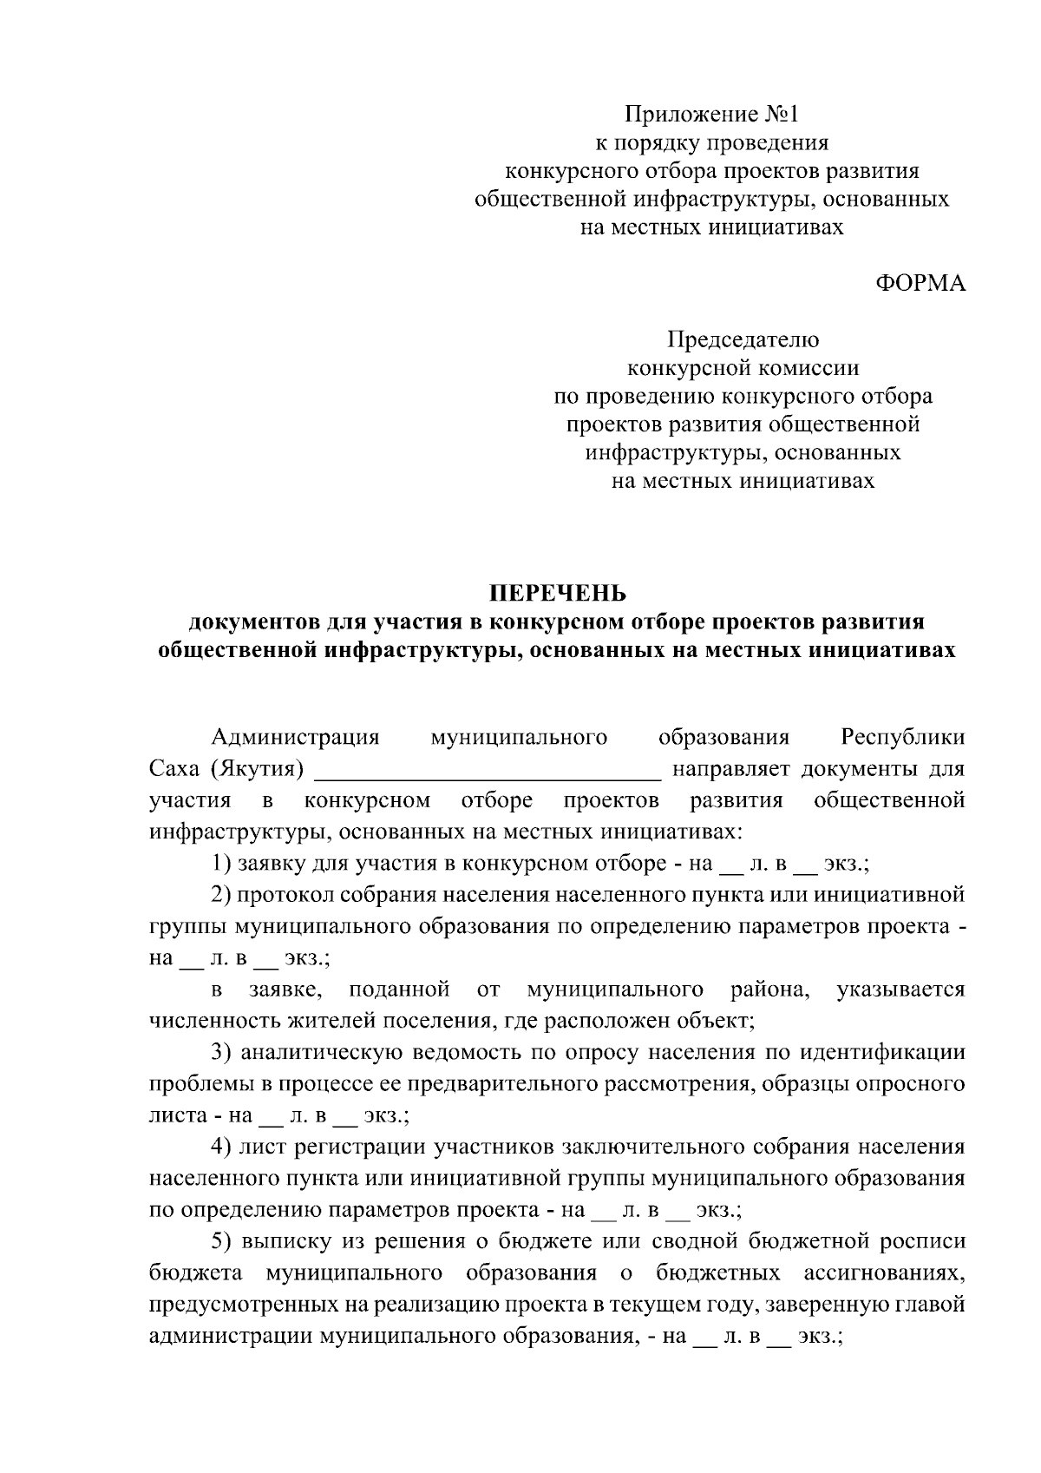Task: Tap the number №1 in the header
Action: pos(785,114)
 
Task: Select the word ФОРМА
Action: pos(920,284)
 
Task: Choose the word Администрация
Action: pos(296,738)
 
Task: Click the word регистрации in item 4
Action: pos(361,1147)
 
